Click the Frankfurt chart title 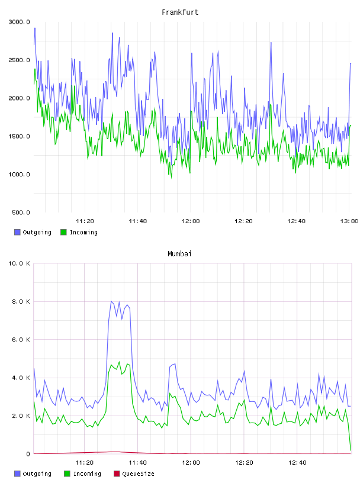pos(180,12)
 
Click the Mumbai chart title pos(179,253)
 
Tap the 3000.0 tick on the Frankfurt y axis pos(19,22)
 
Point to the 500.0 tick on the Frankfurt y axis pos(21,212)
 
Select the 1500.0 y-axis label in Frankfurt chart pos(19,137)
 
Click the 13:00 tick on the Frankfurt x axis pos(349,221)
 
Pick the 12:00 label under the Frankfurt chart pos(191,221)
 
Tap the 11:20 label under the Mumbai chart pos(84,463)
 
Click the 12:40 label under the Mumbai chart pos(297,463)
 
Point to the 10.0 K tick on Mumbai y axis pos(19,263)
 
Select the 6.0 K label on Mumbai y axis pos(21,340)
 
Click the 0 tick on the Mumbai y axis pos(28,454)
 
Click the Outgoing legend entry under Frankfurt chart pos(33,232)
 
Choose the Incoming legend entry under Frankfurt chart pos(79,232)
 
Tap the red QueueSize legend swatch pos(117,474)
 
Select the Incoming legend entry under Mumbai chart pos(83,474)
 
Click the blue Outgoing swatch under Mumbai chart pos(17,474)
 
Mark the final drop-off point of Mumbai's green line pos(351,450)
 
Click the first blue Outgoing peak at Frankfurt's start pos(35,28)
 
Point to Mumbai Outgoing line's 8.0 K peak pos(111,301)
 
